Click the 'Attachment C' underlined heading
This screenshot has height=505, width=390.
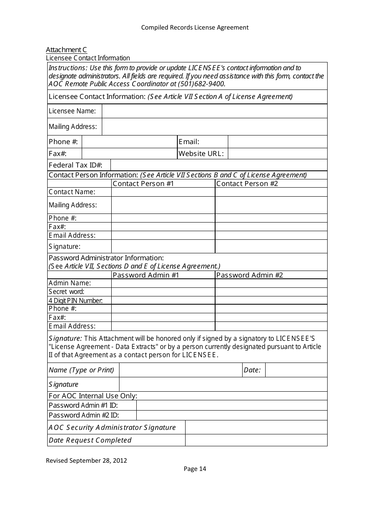pos(66,50)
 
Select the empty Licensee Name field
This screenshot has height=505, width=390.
pos(214,111)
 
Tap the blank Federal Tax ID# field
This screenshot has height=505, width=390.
pos(219,165)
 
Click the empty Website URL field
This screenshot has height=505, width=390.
pos(278,154)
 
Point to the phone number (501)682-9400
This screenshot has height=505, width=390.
pos(201,84)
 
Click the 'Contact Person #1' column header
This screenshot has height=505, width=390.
pos(143,184)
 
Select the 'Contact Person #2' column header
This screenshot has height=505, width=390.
pos(247,184)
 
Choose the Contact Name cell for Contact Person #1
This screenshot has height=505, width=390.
pos(163,192)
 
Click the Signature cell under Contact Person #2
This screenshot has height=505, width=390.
pos(271,246)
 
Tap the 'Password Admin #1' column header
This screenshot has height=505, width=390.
pos(146,275)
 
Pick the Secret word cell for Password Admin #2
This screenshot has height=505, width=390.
pos(271,292)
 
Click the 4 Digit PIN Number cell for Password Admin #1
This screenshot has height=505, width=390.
pos(163,301)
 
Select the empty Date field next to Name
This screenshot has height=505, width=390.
pos(296,370)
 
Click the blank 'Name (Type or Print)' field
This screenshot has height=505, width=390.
pos(180,370)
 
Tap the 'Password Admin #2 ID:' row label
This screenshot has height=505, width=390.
pos(84,415)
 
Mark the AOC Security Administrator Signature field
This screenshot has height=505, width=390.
pos(256,427)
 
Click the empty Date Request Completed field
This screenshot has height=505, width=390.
pos(256,440)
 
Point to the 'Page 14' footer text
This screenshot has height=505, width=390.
pos(195,469)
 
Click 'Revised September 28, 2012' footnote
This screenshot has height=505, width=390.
pos(86,460)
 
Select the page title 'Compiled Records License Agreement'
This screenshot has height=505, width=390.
pos(195,28)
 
